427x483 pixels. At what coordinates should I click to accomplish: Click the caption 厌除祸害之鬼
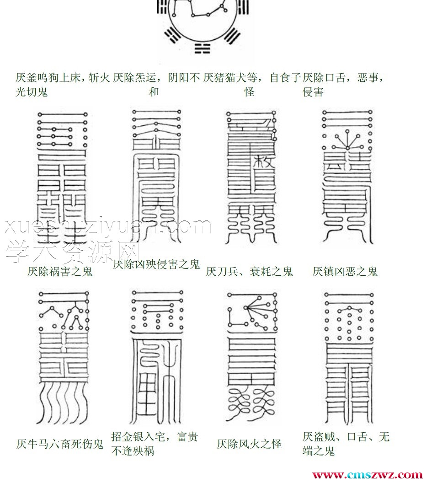point(60,272)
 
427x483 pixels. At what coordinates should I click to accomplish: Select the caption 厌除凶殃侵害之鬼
point(156,264)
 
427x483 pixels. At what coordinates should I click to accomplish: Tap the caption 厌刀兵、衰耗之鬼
point(249,272)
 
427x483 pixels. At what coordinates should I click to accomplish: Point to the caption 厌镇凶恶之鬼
point(345,272)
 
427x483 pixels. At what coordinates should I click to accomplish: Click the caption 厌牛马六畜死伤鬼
point(60,444)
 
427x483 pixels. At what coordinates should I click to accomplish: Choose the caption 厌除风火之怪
point(249,444)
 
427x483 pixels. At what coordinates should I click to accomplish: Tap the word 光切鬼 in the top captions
point(32,91)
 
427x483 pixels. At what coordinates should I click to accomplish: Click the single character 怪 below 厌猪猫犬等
point(249,91)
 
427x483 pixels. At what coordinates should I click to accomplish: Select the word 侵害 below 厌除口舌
point(313,91)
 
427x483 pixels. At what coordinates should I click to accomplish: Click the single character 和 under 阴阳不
point(154,91)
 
